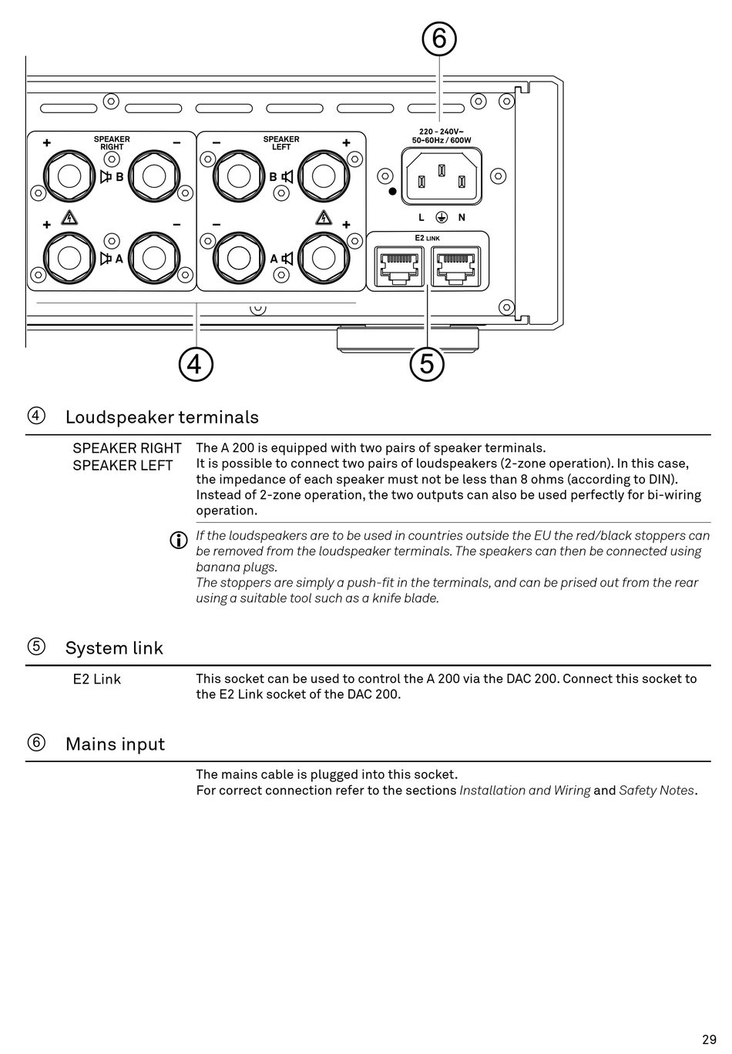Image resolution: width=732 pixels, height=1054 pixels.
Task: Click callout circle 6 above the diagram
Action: pyautogui.click(x=439, y=38)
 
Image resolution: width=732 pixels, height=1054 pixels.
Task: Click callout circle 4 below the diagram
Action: pyautogui.click(x=196, y=363)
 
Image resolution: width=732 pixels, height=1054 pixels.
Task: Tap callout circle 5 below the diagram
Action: pyautogui.click(x=427, y=363)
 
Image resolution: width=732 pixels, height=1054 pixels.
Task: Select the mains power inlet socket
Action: pyautogui.click(x=442, y=176)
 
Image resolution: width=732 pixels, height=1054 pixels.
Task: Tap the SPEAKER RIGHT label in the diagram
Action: pyautogui.click(x=112, y=143)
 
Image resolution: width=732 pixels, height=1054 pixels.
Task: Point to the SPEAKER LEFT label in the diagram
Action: pyautogui.click(x=281, y=143)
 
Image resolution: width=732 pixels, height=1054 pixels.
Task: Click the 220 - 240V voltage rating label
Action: pyautogui.click(x=441, y=132)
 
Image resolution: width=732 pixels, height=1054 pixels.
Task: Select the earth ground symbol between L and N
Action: pyautogui.click(x=442, y=218)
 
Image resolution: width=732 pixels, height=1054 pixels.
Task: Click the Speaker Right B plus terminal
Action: pyautogui.click(x=69, y=176)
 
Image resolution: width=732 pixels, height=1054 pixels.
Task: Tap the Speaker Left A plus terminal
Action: pyautogui.click(x=324, y=258)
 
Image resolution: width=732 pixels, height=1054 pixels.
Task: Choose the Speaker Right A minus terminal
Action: pyautogui.click(x=154, y=258)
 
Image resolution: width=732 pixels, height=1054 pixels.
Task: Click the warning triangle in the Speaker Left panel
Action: pyautogui.click(x=324, y=216)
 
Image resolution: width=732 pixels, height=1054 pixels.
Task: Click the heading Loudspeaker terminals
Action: pyautogui.click(x=162, y=417)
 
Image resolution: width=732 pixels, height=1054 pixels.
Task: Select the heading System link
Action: pyautogui.click(x=114, y=648)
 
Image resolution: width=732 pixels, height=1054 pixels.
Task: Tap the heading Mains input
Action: pyautogui.click(x=115, y=744)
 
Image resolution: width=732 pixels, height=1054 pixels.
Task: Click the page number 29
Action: pyautogui.click(x=709, y=1039)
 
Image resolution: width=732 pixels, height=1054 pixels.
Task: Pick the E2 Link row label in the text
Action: pyautogui.click(x=97, y=679)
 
